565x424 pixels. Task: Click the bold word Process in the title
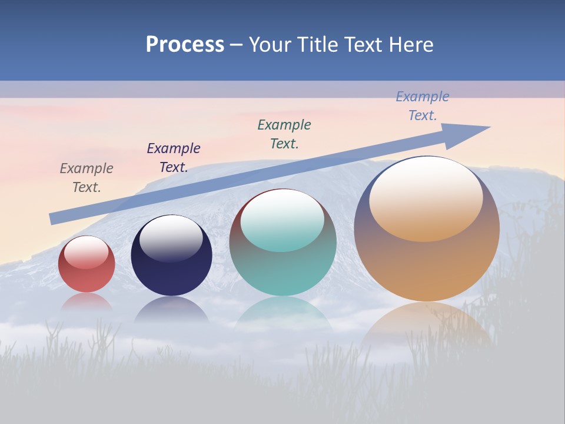[x=185, y=45]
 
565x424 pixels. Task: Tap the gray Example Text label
[x=87, y=178]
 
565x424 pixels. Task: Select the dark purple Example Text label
[x=174, y=158]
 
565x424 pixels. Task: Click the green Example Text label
[x=284, y=134]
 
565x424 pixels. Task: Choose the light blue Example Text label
[x=422, y=106]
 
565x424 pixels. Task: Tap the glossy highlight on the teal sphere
[x=282, y=219]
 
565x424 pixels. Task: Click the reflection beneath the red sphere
[x=87, y=302]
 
